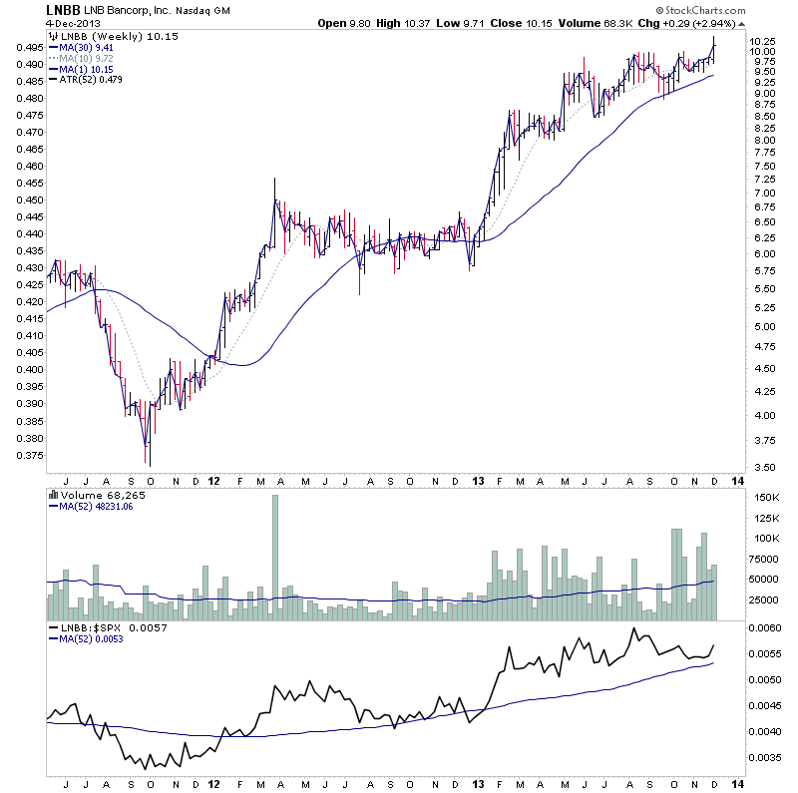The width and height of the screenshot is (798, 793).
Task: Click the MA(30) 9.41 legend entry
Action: point(85,45)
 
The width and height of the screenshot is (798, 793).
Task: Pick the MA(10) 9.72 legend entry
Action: point(85,58)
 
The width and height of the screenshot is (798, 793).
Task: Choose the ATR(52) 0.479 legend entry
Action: point(88,83)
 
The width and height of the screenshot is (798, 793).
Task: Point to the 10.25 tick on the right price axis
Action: point(763,40)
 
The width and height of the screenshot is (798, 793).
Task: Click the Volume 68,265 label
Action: point(94,494)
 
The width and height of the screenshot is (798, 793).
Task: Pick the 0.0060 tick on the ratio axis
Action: point(765,628)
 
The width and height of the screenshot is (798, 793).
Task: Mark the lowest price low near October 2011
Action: point(150,465)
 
